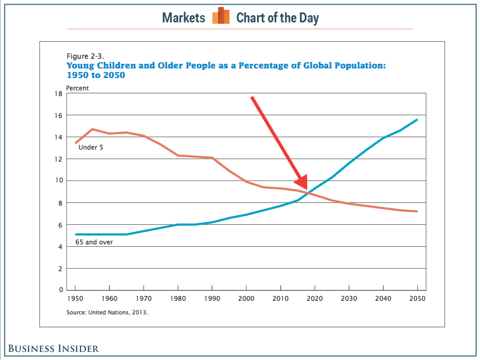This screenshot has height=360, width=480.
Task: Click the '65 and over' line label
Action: pyautogui.click(x=94, y=242)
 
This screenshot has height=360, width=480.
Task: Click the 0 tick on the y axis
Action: pyautogui.click(x=60, y=290)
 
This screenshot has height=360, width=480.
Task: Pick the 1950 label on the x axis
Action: pyautogui.click(x=75, y=299)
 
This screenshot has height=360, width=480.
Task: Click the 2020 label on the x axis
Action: pyautogui.click(x=315, y=299)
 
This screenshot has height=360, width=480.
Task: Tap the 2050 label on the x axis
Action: pyautogui.click(x=418, y=299)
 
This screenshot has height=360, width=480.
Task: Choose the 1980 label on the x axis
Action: pyautogui.click(x=178, y=299)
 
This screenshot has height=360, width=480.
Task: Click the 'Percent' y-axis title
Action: pyautogui.click(x=78, y=88)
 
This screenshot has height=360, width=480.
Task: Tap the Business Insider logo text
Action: pyautogui.click(x=54, y=348)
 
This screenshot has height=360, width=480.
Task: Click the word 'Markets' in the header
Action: pyautogui.click(x=184, y=18)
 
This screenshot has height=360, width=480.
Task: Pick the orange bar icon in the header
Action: pyautogui.click(x=221, y=16)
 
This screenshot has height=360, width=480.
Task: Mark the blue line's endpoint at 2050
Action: pyautogui.click(x=417, y=120)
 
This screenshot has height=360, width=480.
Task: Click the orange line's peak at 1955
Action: pyautogui.click(x=92, y=129)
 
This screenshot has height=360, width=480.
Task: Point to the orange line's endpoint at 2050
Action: pyautogui.click(x=417, y=211)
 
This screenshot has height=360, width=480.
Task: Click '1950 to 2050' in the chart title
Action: pyautogui.click(x=96, y=75)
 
